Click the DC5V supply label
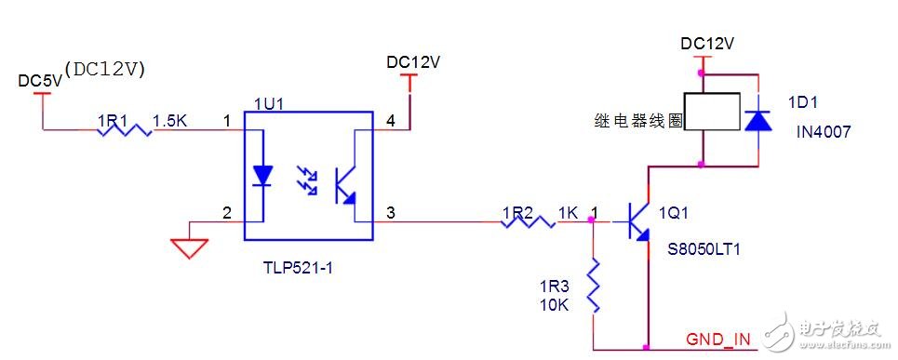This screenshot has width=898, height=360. coord(40,80)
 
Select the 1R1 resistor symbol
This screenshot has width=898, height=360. coord(125,130)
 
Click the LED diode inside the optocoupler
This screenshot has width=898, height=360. coord(263,175)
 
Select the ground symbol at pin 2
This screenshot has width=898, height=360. coord(189,246)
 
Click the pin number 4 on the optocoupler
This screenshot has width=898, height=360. coord(390,121)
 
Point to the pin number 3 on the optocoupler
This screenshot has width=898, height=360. coord(390,213)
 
